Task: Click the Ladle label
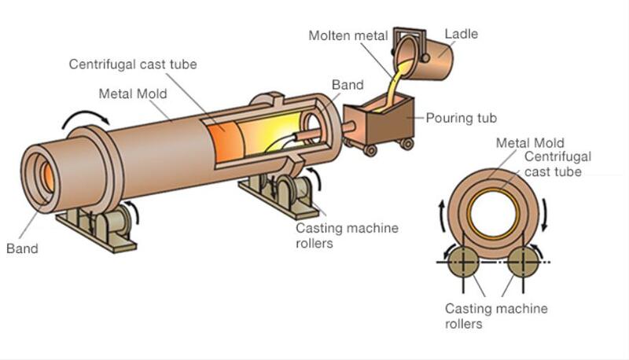pyautogui.click(x=462, y=34)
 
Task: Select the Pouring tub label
pyautogui.click(x=459, y=118)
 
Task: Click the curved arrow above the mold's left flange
pyautogui.click(x=87, y=118)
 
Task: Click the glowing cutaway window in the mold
pyautogui.click(x=252, y=138)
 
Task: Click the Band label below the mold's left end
pyautogui.click(x=22, y=249)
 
